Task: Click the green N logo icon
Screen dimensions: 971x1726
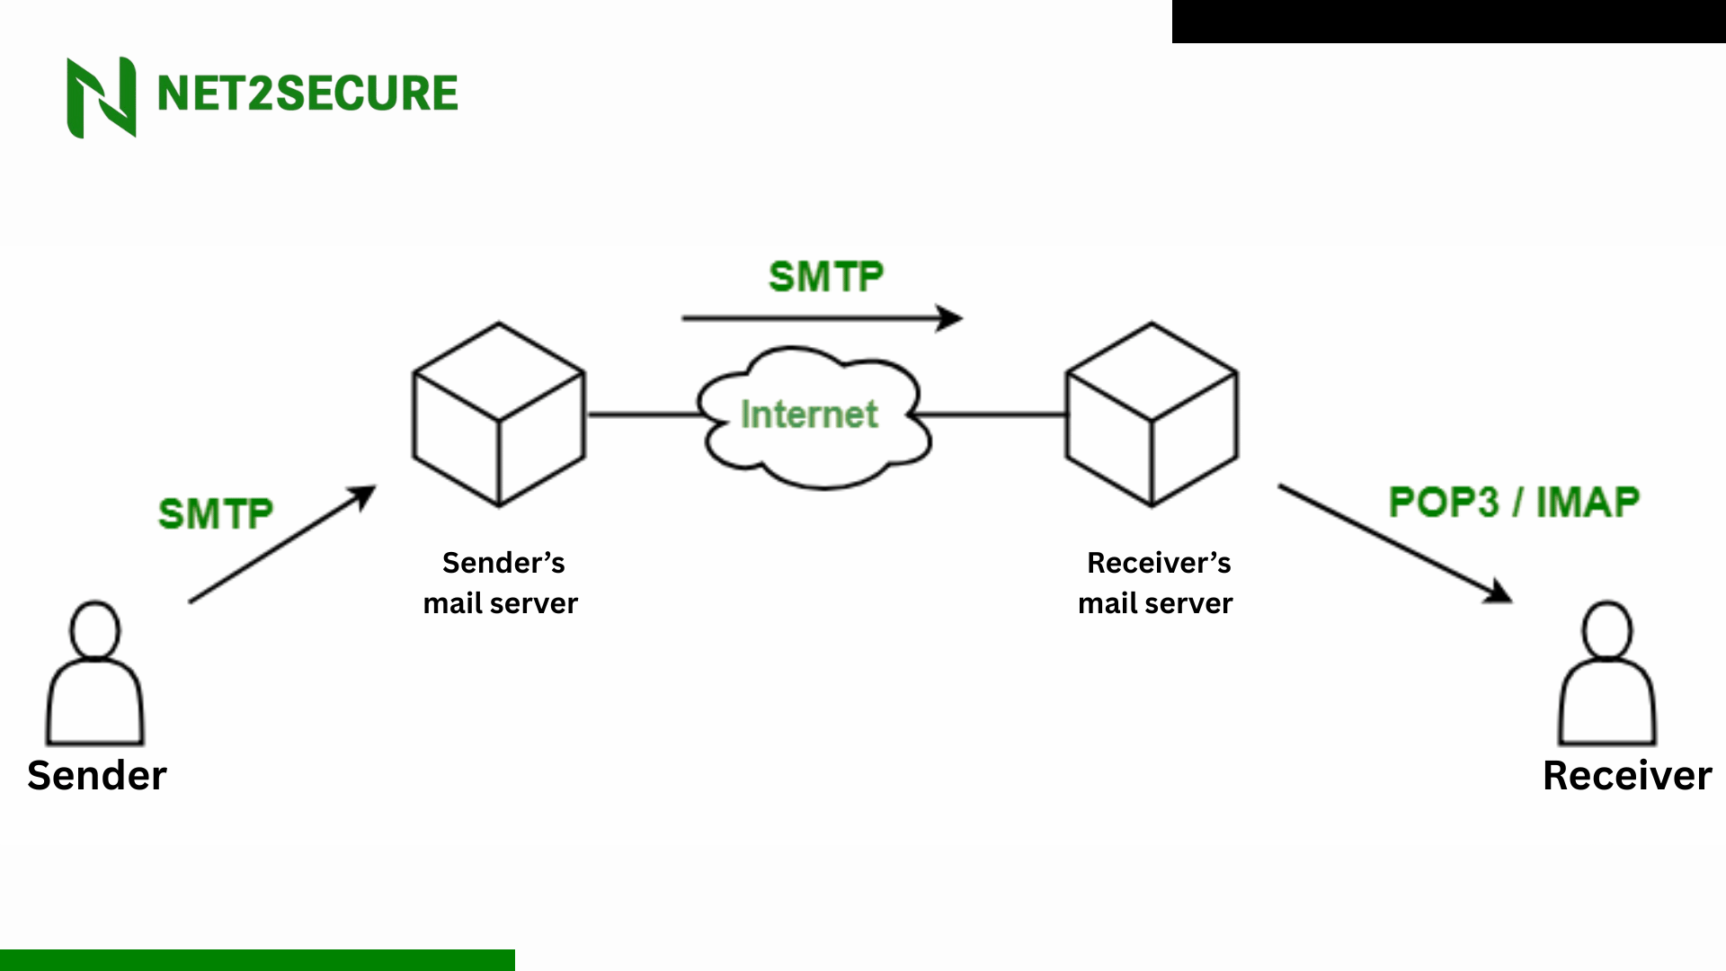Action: click(x=102, y=97)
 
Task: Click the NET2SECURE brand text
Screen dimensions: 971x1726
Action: click(x=307, y=94)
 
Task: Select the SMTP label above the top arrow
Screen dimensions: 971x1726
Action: click(x=826, y=277)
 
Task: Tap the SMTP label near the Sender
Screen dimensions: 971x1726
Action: click(x=216, y=514)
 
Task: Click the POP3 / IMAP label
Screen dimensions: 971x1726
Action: click(x=1514, y=502)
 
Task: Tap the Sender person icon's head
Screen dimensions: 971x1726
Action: click(x=94, y=629)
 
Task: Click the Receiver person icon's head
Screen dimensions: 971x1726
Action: click(x=1606, y=629)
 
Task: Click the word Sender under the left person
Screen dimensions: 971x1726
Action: click(x=97, y=775)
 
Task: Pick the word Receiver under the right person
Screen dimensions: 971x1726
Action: click(x=1627, y=775)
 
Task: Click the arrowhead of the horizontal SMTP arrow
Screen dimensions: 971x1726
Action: click(x=951, y=318)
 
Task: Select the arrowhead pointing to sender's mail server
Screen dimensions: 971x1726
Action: click(x=364, y=495)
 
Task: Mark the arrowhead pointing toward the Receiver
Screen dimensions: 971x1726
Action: click(x=1499, y=592)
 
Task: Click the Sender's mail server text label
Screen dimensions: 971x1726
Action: click(x=501, y=583)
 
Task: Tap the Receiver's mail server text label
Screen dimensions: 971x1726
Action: click(x=1156, y=583)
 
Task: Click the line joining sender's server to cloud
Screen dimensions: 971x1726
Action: click(x=643, y=414)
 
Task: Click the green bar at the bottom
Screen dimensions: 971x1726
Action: click(x=257, y=959)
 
